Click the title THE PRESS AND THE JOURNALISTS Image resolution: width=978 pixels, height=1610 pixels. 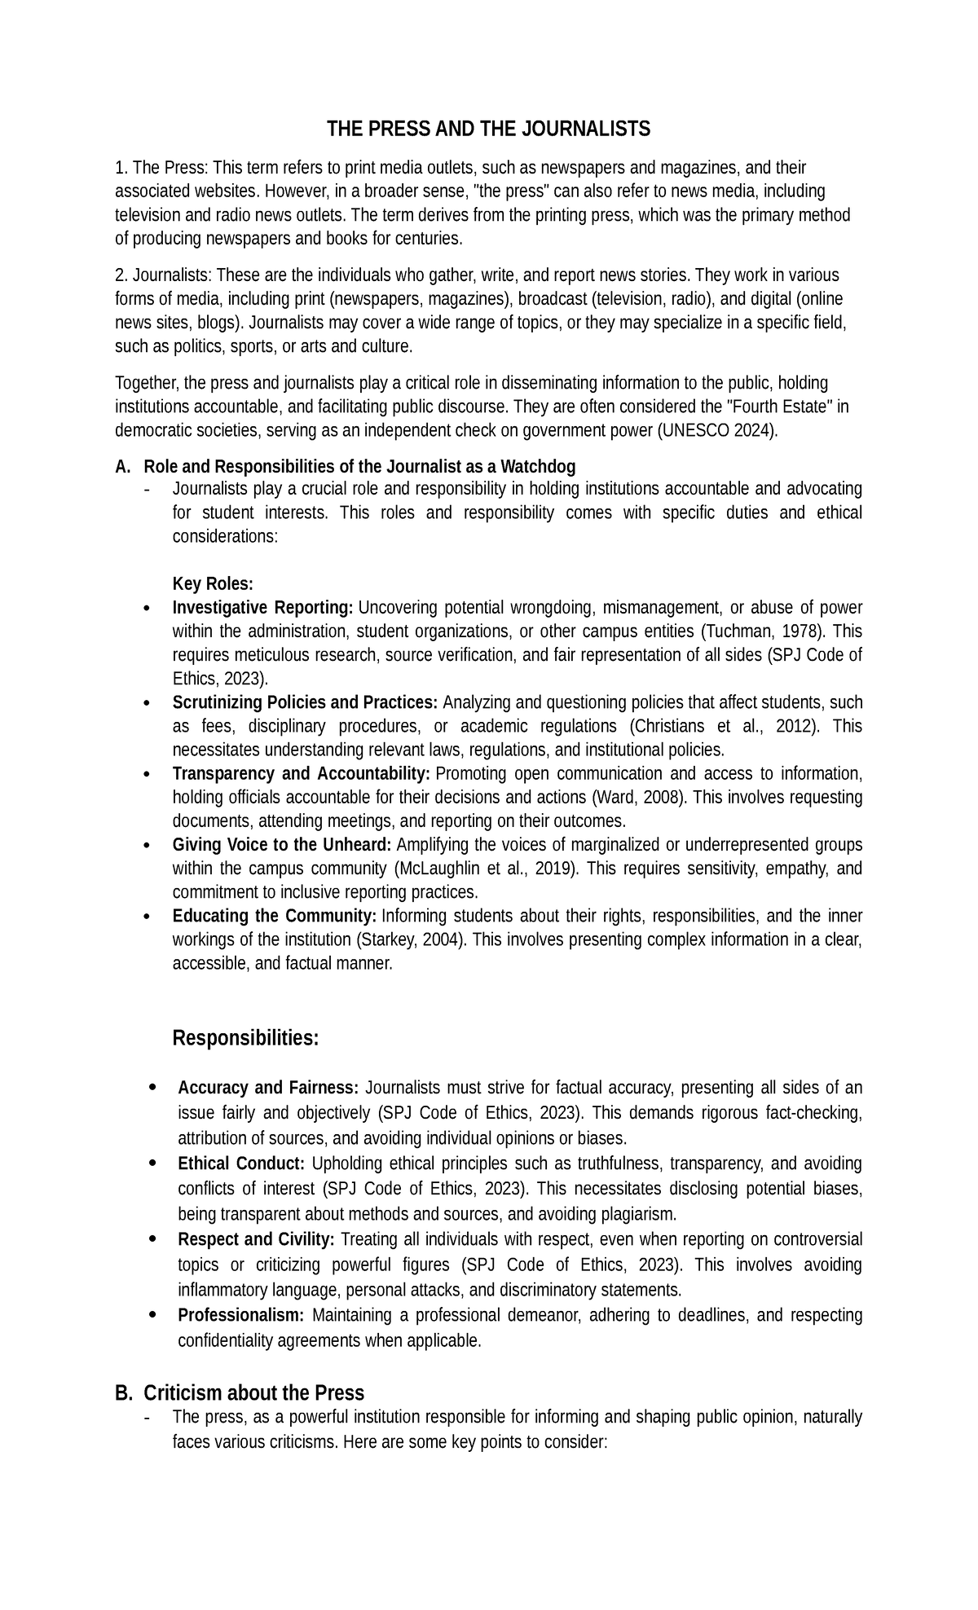488,129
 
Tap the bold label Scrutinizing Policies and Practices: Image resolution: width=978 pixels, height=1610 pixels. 305,702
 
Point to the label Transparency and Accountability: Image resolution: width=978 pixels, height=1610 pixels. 301,773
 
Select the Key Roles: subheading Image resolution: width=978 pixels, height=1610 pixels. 213,584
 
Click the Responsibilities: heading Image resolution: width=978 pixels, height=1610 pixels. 245,1039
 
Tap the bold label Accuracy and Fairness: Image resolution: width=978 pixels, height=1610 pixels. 268,1088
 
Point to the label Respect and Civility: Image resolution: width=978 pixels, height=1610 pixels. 256,1239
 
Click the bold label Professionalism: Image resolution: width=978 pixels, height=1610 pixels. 241,1315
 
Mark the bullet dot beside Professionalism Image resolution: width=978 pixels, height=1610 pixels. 153,1313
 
